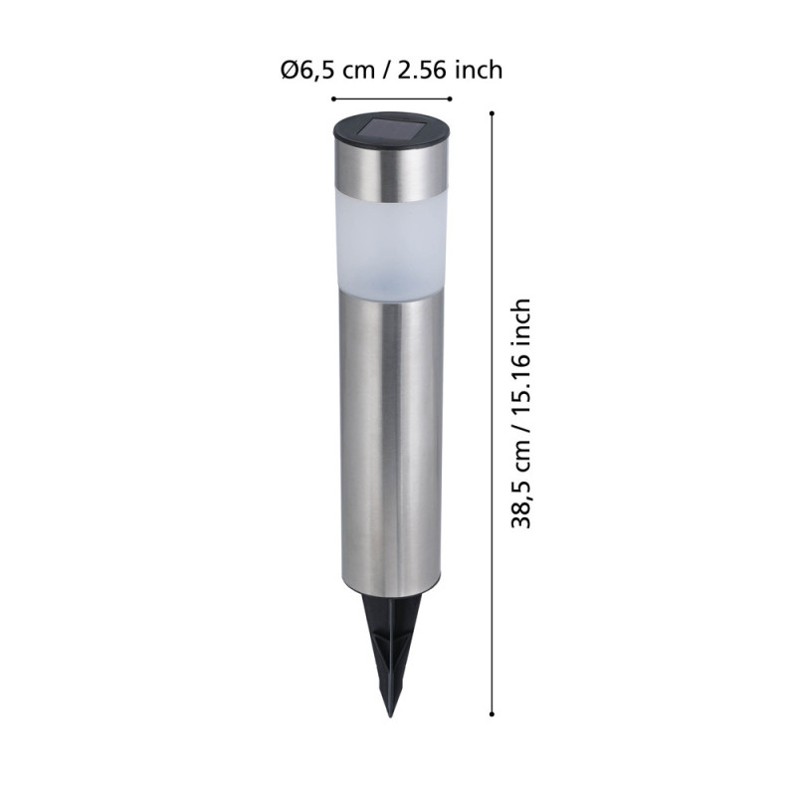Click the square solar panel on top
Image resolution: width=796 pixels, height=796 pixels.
pos(391,129)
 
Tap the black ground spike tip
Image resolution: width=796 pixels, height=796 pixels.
pos(390,715)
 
